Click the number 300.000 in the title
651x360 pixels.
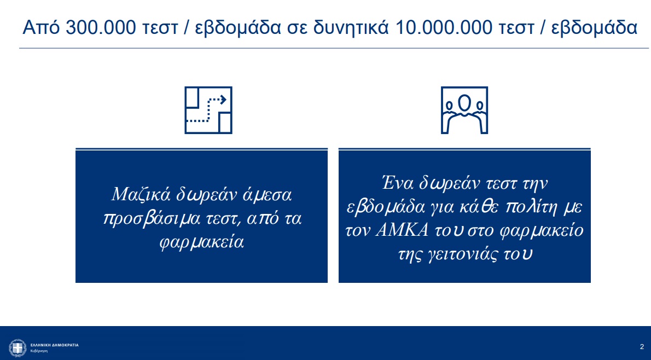[101, 28]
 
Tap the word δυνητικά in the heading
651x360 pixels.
[351, 28]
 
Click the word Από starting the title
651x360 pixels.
[41, 28]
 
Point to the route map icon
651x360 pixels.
[208, 110]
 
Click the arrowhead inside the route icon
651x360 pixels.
[223, 100]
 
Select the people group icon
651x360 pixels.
[464, 110]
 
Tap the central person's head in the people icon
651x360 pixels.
[464, 103]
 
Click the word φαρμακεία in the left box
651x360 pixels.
[201, 242]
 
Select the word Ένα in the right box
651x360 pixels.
[397, 183]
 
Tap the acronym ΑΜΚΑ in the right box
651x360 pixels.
[402, 230]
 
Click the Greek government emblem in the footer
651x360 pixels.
[18, 348]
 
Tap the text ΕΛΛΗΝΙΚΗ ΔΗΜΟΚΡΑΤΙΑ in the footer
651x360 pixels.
[54, 345]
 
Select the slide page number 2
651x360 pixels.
[642, 347]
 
